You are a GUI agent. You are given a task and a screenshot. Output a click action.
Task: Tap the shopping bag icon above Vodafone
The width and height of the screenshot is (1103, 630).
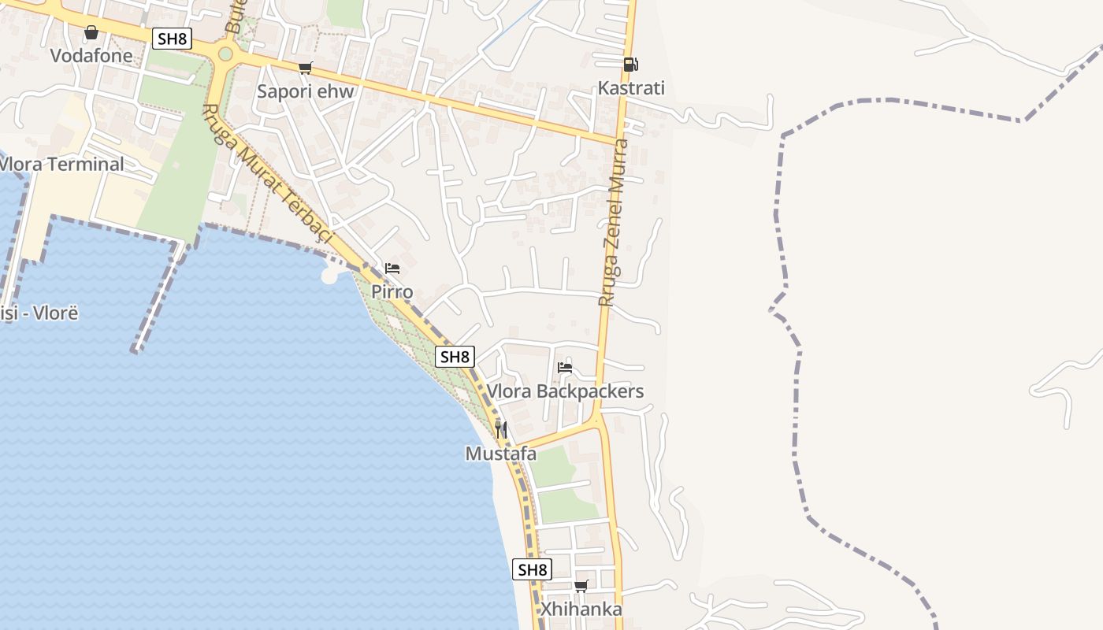click(x=91, y=32)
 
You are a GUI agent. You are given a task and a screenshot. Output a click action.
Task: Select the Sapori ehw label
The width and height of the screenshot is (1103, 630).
click(x=306, y=91)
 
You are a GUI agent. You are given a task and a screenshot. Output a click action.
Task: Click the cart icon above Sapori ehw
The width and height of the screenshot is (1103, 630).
click(x=305, y=68)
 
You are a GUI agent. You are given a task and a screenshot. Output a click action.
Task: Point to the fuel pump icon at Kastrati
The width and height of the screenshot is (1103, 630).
click(x=630, y=65)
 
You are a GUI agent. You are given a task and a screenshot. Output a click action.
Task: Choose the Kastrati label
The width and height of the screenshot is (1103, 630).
click(x=631, y=88)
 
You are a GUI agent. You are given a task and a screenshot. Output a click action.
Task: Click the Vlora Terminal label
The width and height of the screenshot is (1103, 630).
click(x=61, y=165)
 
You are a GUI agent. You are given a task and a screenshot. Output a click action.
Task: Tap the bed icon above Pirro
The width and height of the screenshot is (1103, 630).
click(x=392, y=269)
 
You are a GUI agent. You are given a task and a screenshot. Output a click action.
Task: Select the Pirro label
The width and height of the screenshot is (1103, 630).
click(x=392, y=292)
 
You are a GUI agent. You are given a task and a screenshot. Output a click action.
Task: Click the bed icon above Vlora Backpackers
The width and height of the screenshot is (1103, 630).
click(x=565, y=367)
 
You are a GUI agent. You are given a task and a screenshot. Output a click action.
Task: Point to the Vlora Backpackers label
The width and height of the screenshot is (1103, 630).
click(x=565, y=391)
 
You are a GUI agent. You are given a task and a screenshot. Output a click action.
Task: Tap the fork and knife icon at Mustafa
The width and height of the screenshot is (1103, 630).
click(x=501, y=429)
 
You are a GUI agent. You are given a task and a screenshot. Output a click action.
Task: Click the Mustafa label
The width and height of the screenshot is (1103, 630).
click(x=501, y=454)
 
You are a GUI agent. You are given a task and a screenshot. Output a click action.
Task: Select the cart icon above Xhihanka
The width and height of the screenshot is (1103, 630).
click(x=581, y=585)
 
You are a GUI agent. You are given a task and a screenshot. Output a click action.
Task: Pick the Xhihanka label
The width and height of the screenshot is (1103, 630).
click(x=581, y=609)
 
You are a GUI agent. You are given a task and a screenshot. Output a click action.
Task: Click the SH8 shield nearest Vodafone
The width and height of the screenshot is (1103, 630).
click(x=172, y=39)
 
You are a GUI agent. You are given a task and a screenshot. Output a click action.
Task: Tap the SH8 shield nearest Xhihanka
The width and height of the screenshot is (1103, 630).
click(x=532, y=569)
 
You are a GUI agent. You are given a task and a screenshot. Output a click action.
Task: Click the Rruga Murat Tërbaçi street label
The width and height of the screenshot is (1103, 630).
click(x=268, y=175)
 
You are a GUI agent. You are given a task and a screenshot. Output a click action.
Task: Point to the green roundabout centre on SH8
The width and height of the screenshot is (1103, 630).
click(x=225, y=54)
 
